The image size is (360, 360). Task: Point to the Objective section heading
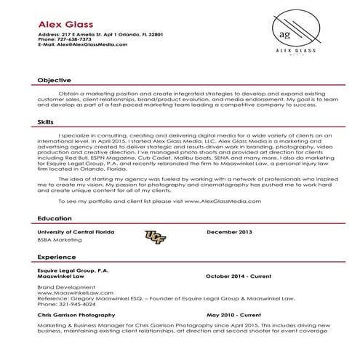[54, 80]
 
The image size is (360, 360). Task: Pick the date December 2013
[229, 231]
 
